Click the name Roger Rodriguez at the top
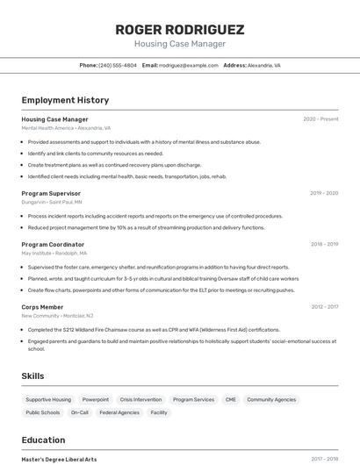pyautogui.click(x=180, y=29)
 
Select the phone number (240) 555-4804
pyautogui.click(x=118, y=65)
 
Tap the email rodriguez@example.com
pyautogui.click(x=188, y=65)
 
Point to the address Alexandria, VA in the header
pyautogui.click(x=264, y=65)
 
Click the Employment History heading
pyautogui.click(x=65, y=100)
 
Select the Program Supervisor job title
pyautogui.click(x=51, y=193)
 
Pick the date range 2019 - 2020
pyautogui.click(x=324, y=193)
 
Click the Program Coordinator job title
pyautogui.click(x=53, y=244)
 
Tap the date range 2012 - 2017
pyautogui.click(x=325, y=307)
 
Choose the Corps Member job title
pyautogui.click(x=42, y=307)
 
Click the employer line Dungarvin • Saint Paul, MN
pyautogui.click(x=52, y=202)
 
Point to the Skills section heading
pyautogui.click(x=32, y=376)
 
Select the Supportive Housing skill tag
pyautogui.click(x=48, y=399)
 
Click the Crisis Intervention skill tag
pyautogui.click(x=140, y=399)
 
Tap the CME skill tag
pyautogui.click(x=231, y=399)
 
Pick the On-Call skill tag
pyautogui.click(x=80, y=412)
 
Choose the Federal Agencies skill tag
pyautogui.click(x=119, y=412)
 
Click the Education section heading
pyautogui.click(x=43, y=440)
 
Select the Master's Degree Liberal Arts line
pyautogui.click(x=59, y=459)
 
